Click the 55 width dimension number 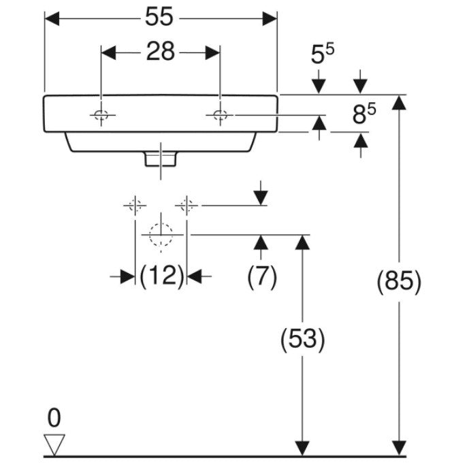pyautogui.click(x=159, y=16)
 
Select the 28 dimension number pyautogui.click(x=160, y=52)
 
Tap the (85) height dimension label pyautogui.click(x=399, y=281)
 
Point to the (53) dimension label pyautogui.click(x=302, y=339)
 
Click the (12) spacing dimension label pyautogui.click(x=162, y=276)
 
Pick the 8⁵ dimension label pyautogui.click(x=364, y=114)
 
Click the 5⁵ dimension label pyautogui.click(x=323, y=53)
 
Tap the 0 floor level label pyautogui.click(x=54, y=418)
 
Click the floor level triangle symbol pyautogui.click(x=54, y=445)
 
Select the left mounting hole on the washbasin pyautogui.click(x=101, y=114)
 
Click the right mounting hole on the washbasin pyautogui.click(x=220, y=114)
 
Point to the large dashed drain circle pyautogui.click(x=161, y=235)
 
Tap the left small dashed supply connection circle pyautogui.click(x=135, y=206)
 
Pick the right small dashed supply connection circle pyautogui.click(x=187, y=206)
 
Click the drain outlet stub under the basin pyautogui.click(x=161, y=159)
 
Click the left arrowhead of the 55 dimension pyautogui.click(x=52, y=19)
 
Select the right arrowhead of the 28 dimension pyautogui.click(x=212, y=52)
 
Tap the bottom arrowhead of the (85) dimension pyautogui.click(x=399, y=448)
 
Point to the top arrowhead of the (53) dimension pyautogui.click(x=302, y=242)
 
